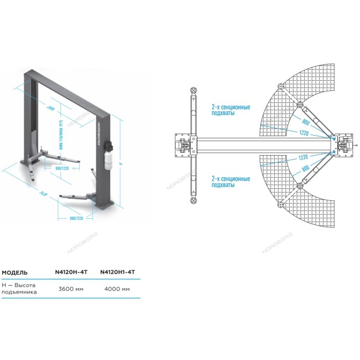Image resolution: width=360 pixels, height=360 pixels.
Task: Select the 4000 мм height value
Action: [117, 289]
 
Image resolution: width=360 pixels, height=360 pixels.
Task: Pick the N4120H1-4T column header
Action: [117, 272]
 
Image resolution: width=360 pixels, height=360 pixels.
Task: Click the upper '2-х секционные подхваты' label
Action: [230, 110]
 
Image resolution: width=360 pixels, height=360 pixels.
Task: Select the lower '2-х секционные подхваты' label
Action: [230, 182]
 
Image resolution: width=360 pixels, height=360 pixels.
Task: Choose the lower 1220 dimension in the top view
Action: [303, 157]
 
